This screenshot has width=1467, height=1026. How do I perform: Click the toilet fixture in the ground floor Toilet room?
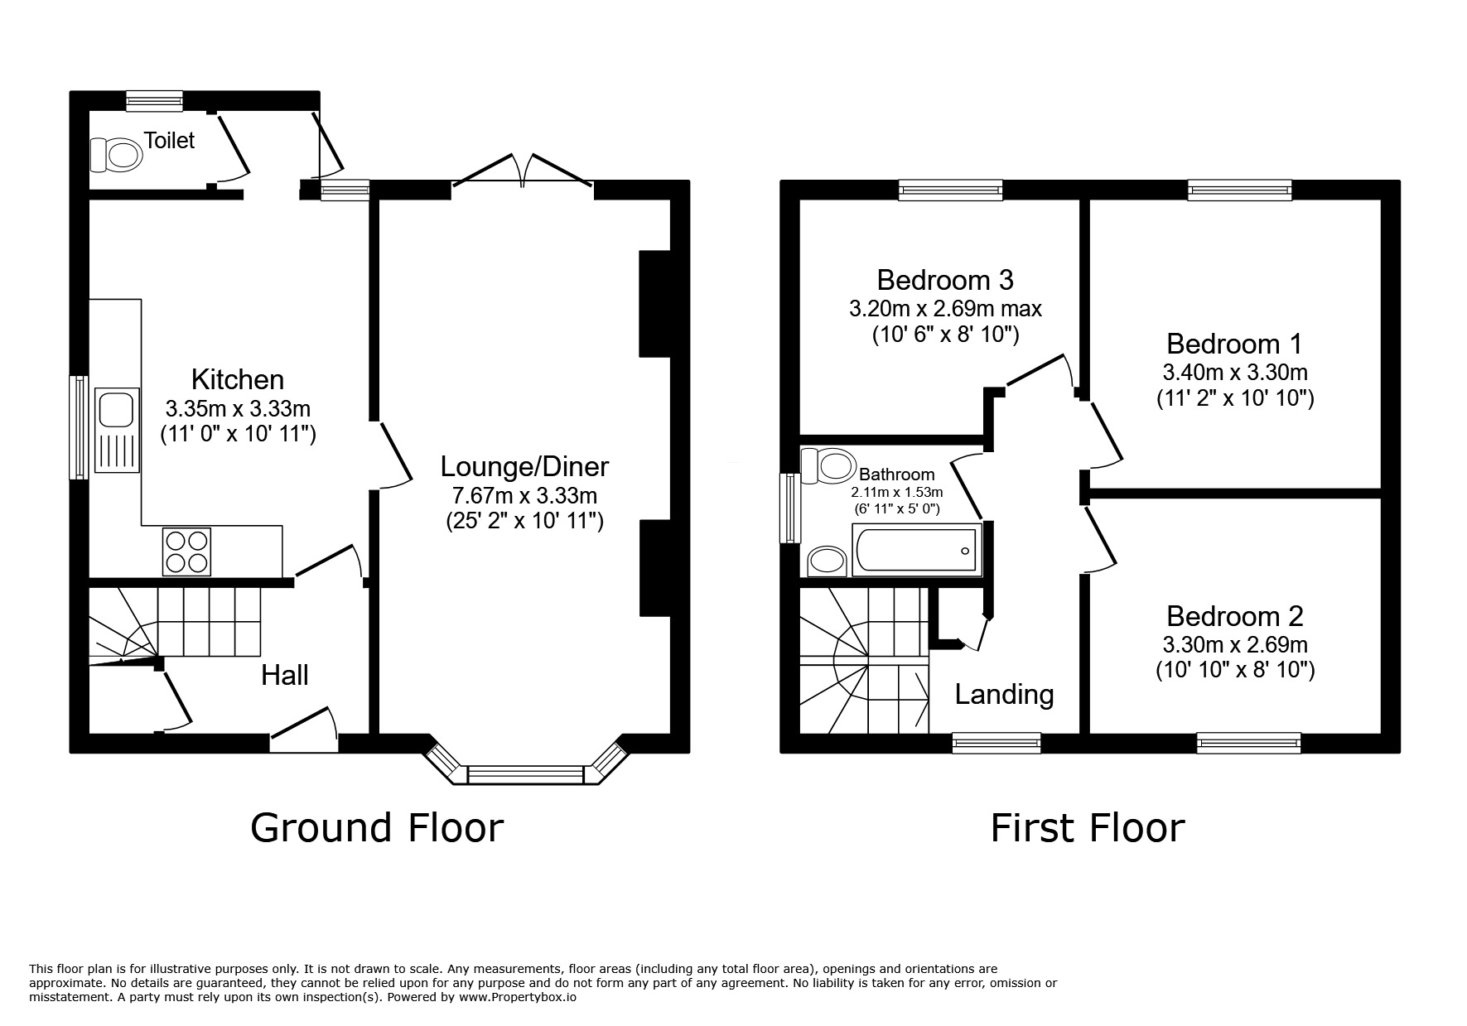click(114, 154)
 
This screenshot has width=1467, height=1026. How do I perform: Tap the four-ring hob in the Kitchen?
click(186, 552)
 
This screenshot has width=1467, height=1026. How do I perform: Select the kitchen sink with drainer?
click(115, 430)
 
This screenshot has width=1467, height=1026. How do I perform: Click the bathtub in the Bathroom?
click(915, 550)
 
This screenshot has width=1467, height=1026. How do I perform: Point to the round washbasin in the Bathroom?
click(827, 561)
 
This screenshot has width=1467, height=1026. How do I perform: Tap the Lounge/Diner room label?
click(524, 467)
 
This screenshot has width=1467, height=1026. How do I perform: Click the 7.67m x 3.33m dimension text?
click(524, 495)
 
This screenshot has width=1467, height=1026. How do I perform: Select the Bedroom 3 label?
click(944, 280)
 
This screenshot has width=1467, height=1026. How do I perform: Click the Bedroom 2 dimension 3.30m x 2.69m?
click(1234, 643)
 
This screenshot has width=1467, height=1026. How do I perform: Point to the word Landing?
click(1004, 694)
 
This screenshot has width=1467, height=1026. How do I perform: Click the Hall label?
click(285, 675)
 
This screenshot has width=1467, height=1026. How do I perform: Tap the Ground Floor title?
click(377, 827)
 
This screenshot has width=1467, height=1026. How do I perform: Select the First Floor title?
click(1087, 827)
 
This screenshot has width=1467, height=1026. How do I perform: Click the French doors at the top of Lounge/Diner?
click(523, 171)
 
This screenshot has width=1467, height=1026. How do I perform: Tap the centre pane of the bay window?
click(526, 775)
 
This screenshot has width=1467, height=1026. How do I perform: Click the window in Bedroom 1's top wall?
click(1239, 190)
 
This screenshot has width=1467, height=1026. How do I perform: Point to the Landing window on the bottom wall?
click(996, 742)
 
